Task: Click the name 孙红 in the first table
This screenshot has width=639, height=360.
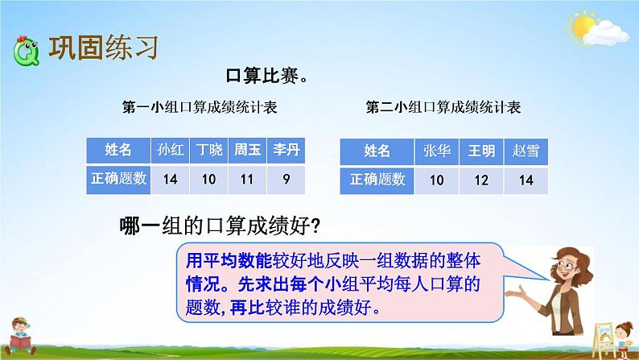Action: click(x=170, y=150)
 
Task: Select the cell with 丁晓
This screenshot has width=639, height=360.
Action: click(x=208, y=150)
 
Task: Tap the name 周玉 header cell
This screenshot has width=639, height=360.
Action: click(x=247, y=150)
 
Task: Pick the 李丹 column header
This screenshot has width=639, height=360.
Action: click(x=286, y=150)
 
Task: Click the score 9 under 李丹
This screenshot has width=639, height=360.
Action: click(x=286, y=180)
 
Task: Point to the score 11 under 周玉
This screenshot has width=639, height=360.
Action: click(x=247, y=180)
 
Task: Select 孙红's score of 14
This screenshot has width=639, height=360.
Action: click(x=170, y=180)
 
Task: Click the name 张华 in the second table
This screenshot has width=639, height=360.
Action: click(x=436, y=151)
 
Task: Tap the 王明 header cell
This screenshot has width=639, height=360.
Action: click(x=481, y=151)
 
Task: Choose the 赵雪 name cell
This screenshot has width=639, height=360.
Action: click(x=526, y=151)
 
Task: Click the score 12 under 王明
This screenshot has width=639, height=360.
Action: click(x=481, y=180)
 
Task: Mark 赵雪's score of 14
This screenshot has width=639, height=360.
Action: click(x=526, y=180)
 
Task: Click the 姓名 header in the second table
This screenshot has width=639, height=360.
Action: click(x=377, y=151)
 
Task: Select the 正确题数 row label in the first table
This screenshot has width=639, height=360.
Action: click(x=118, y=180)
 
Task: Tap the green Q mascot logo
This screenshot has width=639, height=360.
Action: click(x=26, y=52)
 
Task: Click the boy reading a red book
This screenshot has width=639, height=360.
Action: click(x=20, y=337)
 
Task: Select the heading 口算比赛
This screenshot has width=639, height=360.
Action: click(x=266, y=76)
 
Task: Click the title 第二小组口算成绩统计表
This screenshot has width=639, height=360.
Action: click(x=443, y=107)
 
